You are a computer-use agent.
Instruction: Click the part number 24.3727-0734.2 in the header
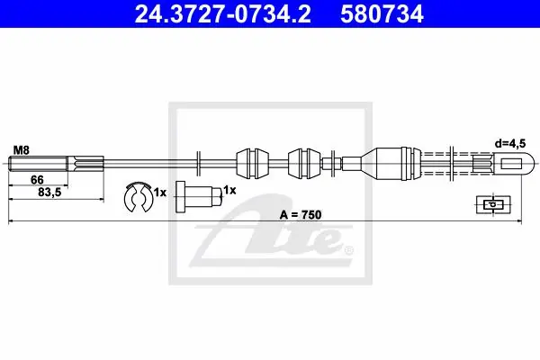point(222,14)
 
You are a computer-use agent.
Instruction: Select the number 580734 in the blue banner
point(382,14)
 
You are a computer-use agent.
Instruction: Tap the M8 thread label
point(22,150)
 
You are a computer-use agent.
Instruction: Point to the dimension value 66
point(37,179)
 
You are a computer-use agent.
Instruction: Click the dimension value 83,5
point(49,193)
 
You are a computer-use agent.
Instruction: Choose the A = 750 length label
point(301,214)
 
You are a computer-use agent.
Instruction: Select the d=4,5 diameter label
point(510,144)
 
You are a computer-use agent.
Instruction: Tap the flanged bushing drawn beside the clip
point(199,197)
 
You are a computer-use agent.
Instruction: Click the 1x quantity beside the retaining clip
point(160,193)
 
